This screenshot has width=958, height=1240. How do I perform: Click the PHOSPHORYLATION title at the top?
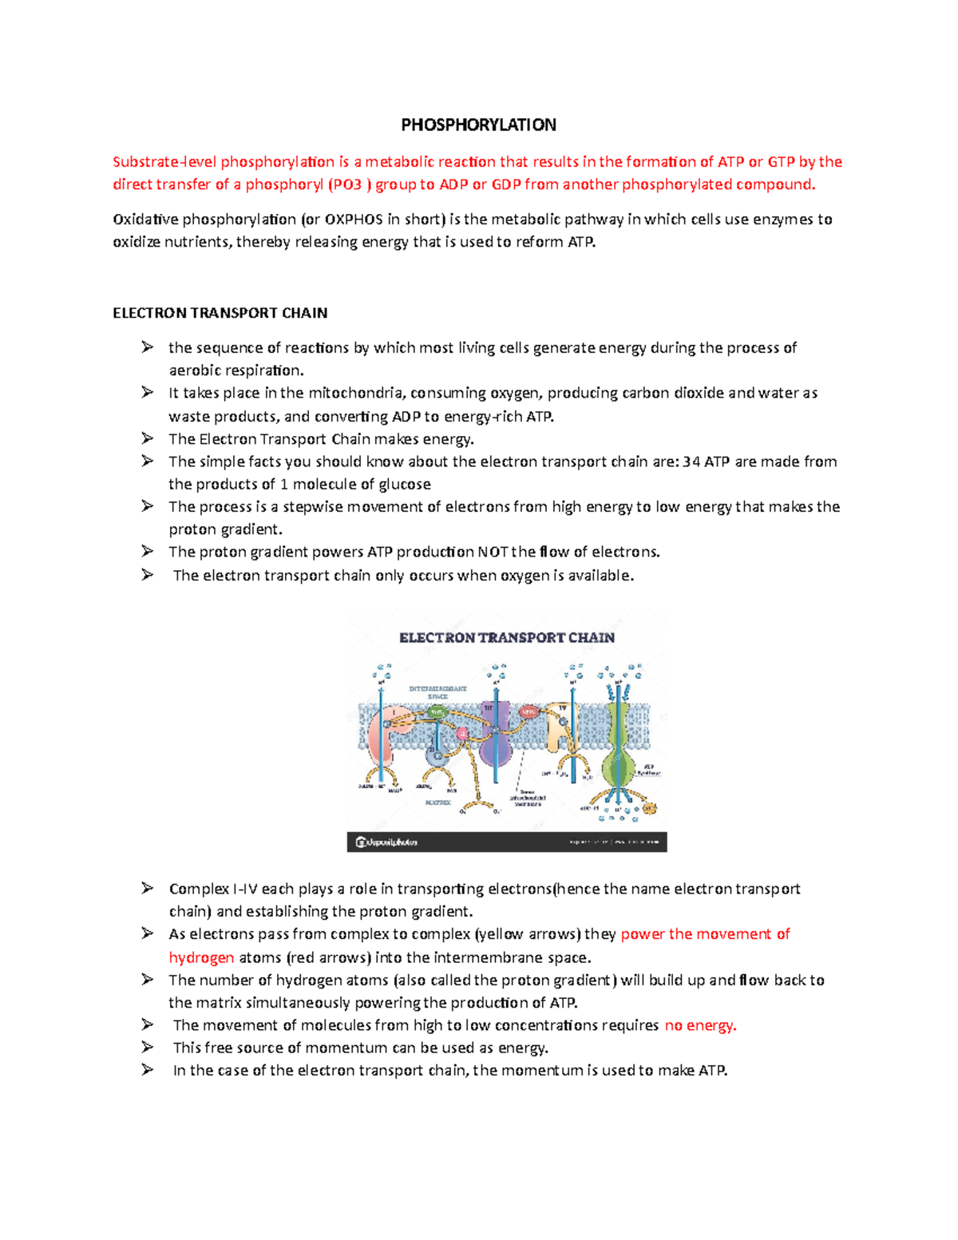click(x=478, y=125)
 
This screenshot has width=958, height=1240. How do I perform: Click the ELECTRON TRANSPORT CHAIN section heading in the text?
click(x=220, y=313)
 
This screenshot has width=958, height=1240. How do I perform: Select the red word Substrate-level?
click(x=164, y=162)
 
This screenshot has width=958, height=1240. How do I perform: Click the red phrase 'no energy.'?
click(x=700, y=1025)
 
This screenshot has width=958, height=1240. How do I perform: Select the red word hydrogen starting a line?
click(x=201, y=957)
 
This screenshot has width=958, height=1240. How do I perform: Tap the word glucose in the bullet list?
click(x=405, y=484)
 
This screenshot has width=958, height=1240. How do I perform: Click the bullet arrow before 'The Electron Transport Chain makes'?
click(x=148, y=438)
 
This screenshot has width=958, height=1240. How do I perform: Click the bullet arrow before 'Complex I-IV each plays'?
click(x=148, y=888)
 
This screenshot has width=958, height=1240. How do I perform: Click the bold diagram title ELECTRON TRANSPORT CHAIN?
click(x=507, y=638)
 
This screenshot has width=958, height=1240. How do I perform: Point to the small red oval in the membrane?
click(x=528, y=711)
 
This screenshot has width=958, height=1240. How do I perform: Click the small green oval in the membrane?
click(x=437, y=711)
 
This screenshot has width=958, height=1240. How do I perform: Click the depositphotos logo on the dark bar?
click(x=387, y=842)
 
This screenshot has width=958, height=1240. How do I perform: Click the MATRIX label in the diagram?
click(x=437, y=802)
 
